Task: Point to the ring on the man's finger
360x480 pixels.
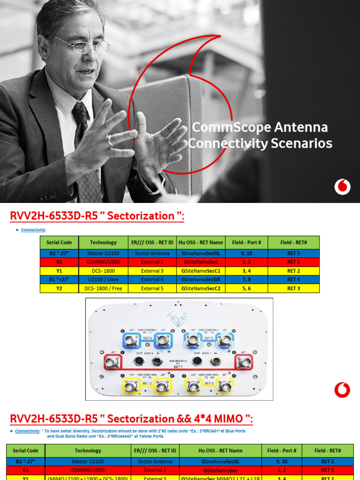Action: tap(110, 140)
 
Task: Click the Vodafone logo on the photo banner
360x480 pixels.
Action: tap(342, 187)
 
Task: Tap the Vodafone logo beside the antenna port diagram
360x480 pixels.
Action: tap(342, 390)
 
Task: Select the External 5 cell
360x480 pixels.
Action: tap(153, 288)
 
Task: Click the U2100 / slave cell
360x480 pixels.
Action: tap(103, 279)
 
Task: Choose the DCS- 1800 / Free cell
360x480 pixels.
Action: tap(103, 288)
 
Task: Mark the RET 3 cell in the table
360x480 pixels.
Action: tap(293, 288)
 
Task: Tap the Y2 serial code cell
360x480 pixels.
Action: tap(59, 288)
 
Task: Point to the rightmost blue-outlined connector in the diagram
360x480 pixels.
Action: tap(225, 340)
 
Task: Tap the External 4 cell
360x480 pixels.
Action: tap(153, 279)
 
